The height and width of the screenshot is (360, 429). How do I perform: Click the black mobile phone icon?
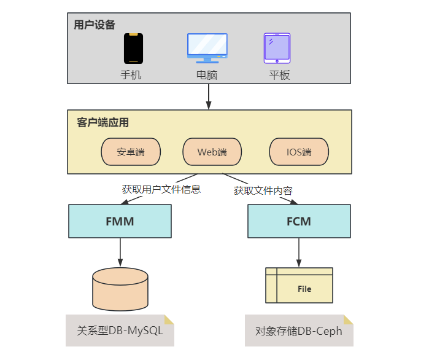133,49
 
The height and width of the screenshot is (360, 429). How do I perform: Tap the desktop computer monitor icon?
207,48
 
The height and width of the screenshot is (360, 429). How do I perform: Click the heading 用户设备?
94,25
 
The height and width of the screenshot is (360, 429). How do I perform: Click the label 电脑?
207,75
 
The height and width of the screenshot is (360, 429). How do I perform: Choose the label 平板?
279,75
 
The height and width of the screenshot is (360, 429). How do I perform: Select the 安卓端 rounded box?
131,152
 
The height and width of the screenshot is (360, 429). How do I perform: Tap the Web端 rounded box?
212,152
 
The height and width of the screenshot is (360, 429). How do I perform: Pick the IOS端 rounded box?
299,152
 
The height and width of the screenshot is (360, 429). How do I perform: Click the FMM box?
120,221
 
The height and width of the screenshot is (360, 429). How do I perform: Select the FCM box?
299,221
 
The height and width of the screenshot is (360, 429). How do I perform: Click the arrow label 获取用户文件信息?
161,189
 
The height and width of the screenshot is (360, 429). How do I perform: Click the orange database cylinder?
120,289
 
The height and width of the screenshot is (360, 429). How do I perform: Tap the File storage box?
299,286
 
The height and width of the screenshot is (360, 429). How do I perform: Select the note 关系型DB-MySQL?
120,331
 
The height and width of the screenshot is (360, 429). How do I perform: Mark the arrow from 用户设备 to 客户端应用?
209,96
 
